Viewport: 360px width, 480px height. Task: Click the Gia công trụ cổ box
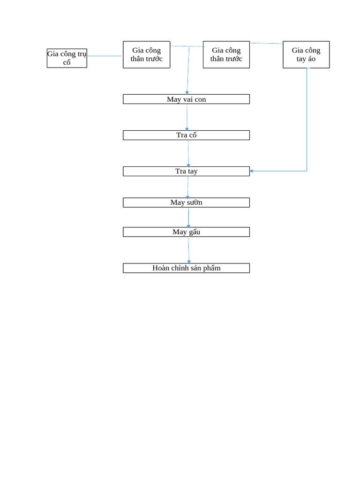pos(67,58)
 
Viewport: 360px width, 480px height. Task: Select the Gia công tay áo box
pos(306,54)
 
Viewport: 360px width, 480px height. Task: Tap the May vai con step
pos(186,99)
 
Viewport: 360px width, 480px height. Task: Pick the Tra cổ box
pos(186,135)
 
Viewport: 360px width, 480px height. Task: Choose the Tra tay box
pos(186,171)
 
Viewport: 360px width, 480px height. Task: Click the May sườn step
pos(186,202)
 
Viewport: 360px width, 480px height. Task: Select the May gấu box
pos(186,232)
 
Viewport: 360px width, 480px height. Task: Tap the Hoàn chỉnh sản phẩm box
pos(186,268)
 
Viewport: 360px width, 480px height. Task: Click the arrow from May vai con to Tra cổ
pos(187,117)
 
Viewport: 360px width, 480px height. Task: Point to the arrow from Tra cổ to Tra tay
pos(188,153)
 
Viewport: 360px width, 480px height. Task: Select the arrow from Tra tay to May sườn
pos(188,187)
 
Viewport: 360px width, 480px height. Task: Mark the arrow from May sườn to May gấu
pos(188,217)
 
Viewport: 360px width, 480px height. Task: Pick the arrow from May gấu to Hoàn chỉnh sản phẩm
pos(189,250)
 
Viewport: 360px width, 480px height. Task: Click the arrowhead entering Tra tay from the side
pos(252,171)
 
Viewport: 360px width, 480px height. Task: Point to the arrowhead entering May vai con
pos(187,93)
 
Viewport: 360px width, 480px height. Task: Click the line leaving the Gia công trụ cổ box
pos(104,56)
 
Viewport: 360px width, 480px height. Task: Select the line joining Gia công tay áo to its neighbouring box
pos(266,43)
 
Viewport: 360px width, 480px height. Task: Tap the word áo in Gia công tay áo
pos(313,59)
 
